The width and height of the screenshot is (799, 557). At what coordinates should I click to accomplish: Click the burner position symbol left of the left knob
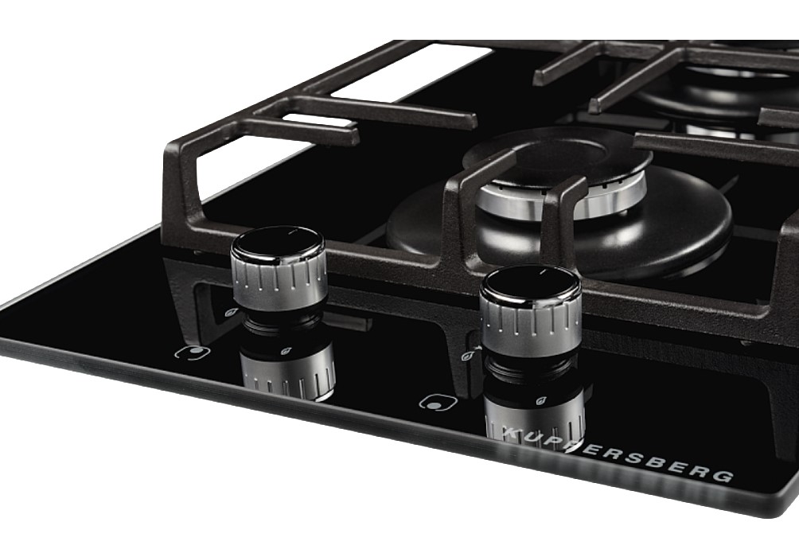pos(193,353)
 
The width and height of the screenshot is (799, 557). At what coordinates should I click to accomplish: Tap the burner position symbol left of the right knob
pos(438,402)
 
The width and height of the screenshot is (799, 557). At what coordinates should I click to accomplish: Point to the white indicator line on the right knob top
pos(545,272)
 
